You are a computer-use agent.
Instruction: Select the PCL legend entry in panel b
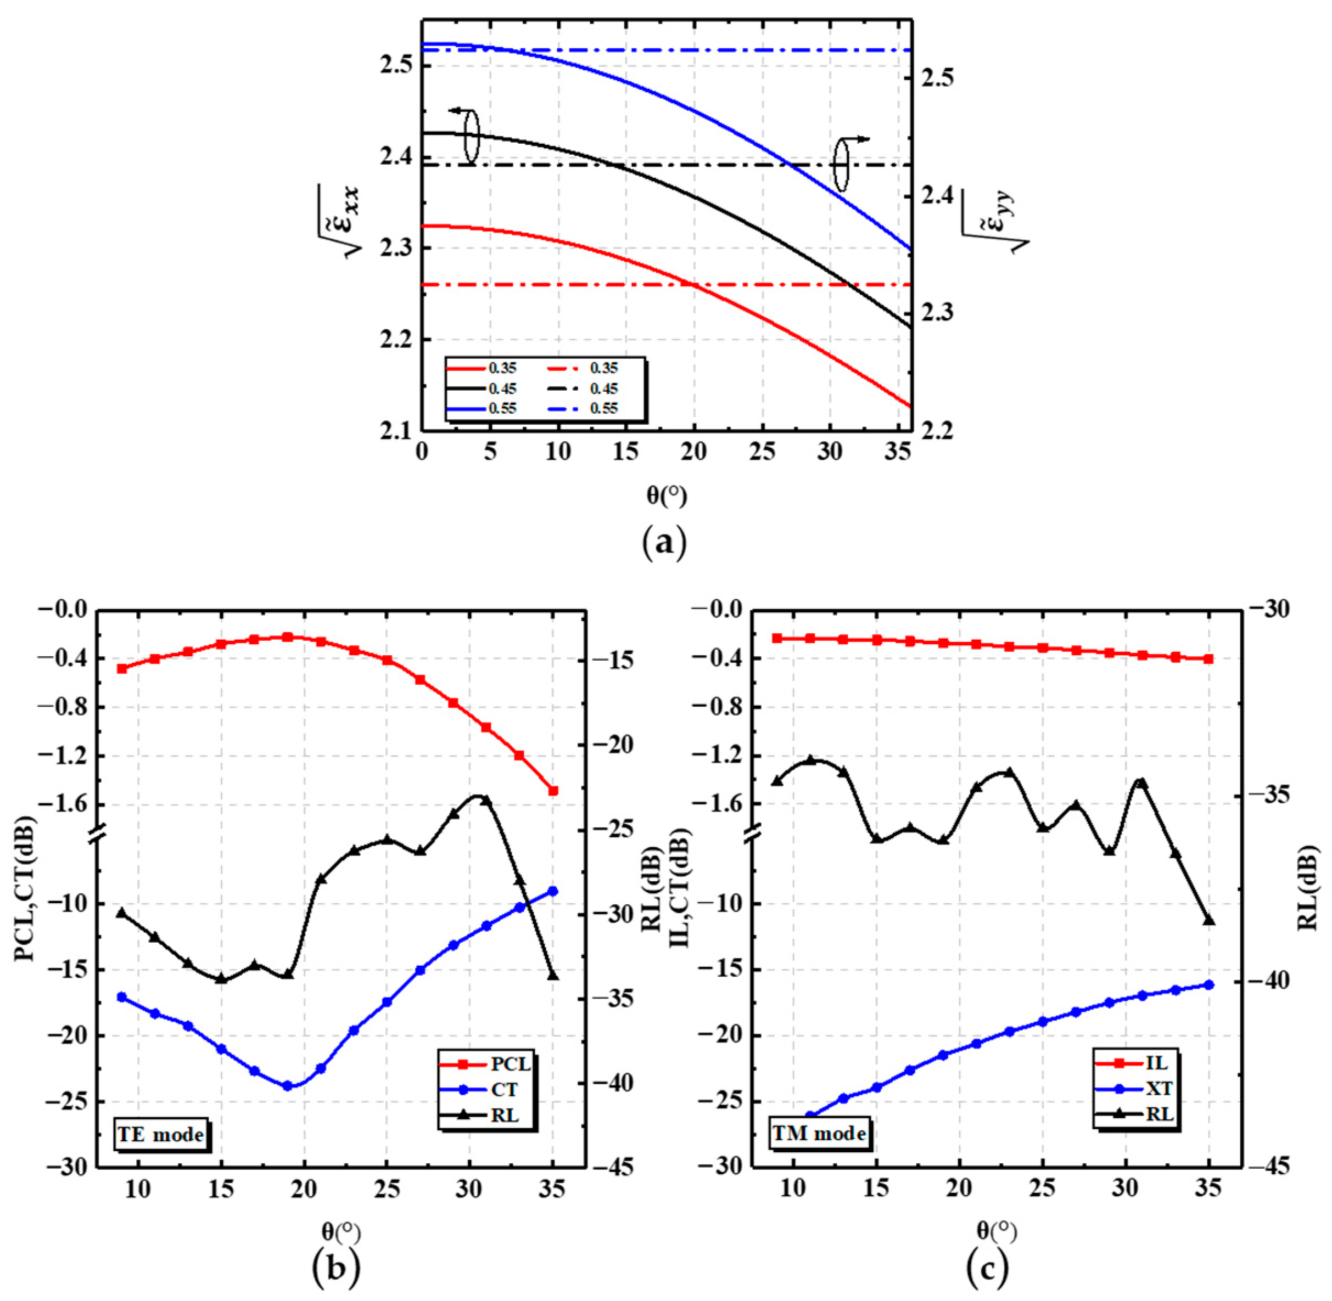tap(487, 1064)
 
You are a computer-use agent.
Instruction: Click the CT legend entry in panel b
tap(487, 1089)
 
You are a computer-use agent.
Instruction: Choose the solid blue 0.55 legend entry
tap(482, 409)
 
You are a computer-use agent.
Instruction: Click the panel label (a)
tap(665, 543)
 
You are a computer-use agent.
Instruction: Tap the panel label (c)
tap(987, 1270)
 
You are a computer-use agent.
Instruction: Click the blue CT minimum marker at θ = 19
tap(287, 1086)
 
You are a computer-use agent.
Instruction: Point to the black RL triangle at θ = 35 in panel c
tap(1208, 920)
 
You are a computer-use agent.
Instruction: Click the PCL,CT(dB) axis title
tap(25, 888)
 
